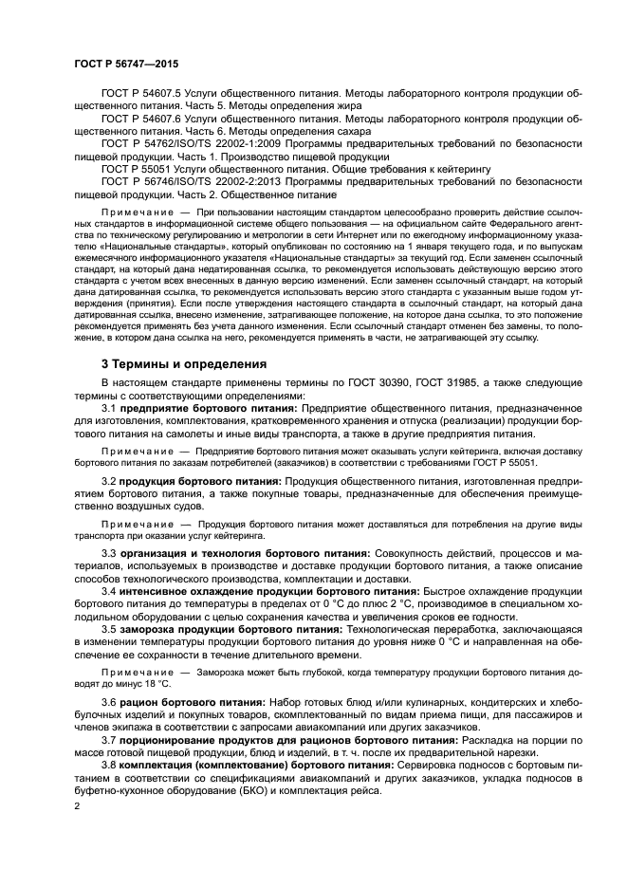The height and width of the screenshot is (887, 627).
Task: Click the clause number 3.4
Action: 108,590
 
